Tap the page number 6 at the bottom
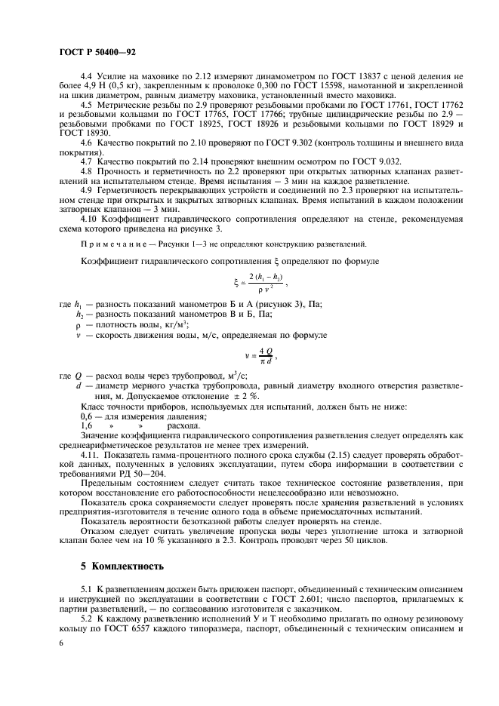click(x=60, y=642)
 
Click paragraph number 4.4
click(x=86, y=77)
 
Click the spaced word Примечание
click(x=109, y=244)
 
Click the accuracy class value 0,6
click(x=87, y=417)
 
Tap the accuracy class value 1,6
click(x=87, y=426)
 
